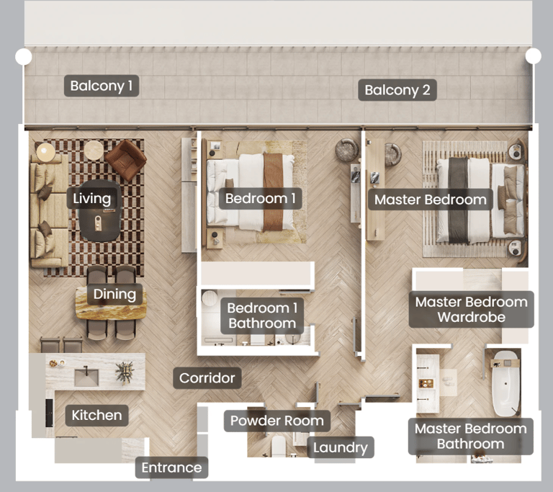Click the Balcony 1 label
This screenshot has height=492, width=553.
(102, 86)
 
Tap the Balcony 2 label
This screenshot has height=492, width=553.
(397, 90)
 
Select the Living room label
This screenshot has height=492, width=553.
(92, 198)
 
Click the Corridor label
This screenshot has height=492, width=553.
(207, 378)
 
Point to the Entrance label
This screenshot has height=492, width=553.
(172, 468)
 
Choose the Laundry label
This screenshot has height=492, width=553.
(341, 447)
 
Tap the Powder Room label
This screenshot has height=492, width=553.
(276, 421)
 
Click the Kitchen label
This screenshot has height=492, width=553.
(96, 415)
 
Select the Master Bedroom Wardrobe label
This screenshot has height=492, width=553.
(471, 310)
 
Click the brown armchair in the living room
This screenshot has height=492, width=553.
(125, 159)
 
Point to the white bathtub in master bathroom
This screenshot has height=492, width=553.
(505, 384)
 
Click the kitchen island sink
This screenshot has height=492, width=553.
(86, 376)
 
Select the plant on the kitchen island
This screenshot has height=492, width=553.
(125, 372)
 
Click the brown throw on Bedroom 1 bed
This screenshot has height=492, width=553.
(273, 192)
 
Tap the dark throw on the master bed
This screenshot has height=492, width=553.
(459, 200)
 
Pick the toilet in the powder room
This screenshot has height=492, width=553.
(278, 447)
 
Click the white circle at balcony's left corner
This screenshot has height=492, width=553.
(24, 56)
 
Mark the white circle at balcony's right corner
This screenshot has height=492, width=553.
(534, 55)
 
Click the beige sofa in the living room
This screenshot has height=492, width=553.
(49, 210)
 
